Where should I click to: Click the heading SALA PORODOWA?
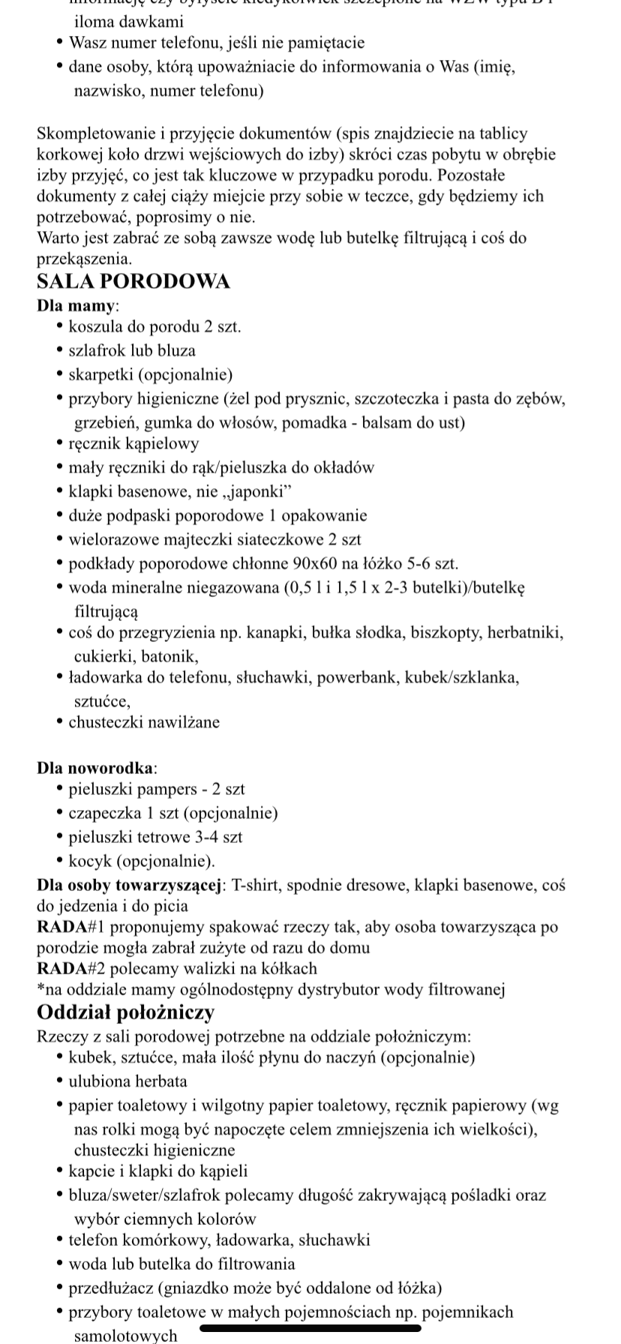click(x=133, y=282)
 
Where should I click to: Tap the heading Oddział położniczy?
click(x=125, y=1012)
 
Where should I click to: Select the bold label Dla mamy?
click(x=76, y=306)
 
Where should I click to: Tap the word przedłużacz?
click(x=109, y=1288)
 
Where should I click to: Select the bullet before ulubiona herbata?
click(x=60, y=1081)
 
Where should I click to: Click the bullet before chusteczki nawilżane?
click(x=60, y=723)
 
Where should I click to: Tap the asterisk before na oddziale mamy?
click(x=40, y=988)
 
